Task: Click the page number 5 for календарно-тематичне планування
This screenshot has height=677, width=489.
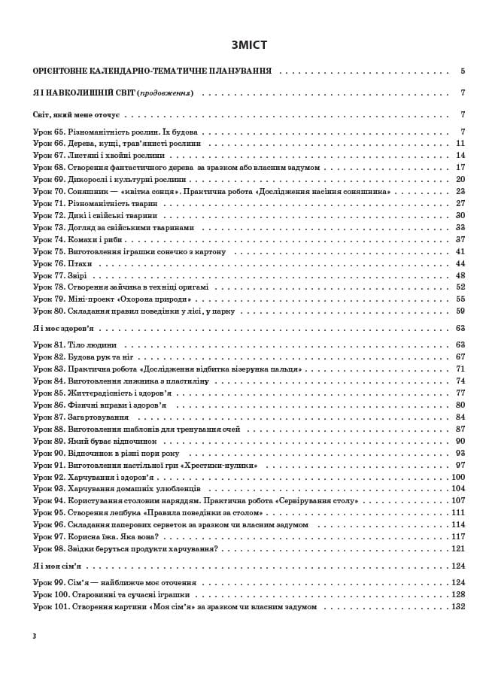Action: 463,71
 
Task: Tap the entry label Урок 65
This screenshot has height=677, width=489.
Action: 49,132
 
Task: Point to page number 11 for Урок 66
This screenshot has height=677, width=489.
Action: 460,143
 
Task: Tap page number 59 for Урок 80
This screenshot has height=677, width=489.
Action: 460,311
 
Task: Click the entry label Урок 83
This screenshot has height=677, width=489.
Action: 49,369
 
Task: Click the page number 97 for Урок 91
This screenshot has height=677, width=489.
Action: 460,465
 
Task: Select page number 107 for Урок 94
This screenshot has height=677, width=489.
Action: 458,500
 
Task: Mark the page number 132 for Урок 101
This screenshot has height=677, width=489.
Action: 458,606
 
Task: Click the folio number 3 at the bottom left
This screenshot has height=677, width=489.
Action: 35,636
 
